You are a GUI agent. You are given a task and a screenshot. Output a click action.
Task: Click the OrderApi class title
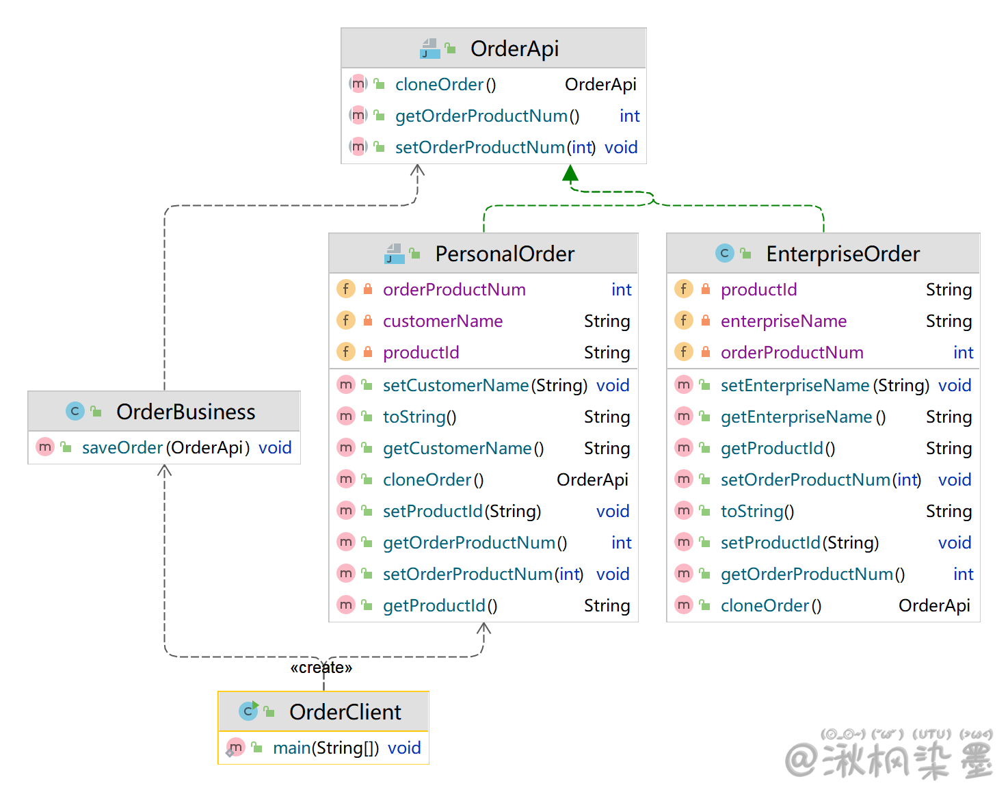coord(514,49)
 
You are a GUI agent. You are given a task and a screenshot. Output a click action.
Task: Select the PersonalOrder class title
coord(505,254)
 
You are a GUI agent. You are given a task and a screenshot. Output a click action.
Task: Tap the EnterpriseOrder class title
coord(843,254)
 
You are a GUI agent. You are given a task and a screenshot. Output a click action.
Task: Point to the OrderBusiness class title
coord(185,412)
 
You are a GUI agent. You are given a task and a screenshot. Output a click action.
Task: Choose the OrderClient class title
coord(345,712)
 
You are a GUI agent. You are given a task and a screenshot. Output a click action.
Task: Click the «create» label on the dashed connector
coord(321,668)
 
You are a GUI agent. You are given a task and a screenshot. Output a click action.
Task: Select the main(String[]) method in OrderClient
coord(326,748)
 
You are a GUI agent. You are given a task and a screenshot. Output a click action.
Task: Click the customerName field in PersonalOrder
coord(442,321)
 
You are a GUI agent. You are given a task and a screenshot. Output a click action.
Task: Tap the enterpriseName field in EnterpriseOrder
coord(783,321)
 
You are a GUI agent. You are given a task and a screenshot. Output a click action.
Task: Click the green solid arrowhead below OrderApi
coord(570,174)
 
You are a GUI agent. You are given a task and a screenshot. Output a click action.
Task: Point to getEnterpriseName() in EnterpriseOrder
coord(803,417)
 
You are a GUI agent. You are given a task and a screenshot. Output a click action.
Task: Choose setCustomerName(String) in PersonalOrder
coord(485,385)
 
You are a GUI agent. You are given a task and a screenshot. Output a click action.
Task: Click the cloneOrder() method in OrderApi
coord(445,84)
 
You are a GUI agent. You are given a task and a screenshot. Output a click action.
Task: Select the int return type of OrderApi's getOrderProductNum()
coord(629,116)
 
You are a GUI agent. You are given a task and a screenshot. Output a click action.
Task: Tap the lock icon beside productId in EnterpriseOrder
coord(706,289)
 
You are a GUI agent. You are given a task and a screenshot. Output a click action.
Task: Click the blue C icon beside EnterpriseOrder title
coord(724,253)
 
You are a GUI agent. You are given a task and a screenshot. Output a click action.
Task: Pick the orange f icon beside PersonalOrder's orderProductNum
coord(346,289)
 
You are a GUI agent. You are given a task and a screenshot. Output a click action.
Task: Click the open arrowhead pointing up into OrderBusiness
coord(164,471)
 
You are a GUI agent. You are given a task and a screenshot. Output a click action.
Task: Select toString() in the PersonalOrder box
coord(419,417)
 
